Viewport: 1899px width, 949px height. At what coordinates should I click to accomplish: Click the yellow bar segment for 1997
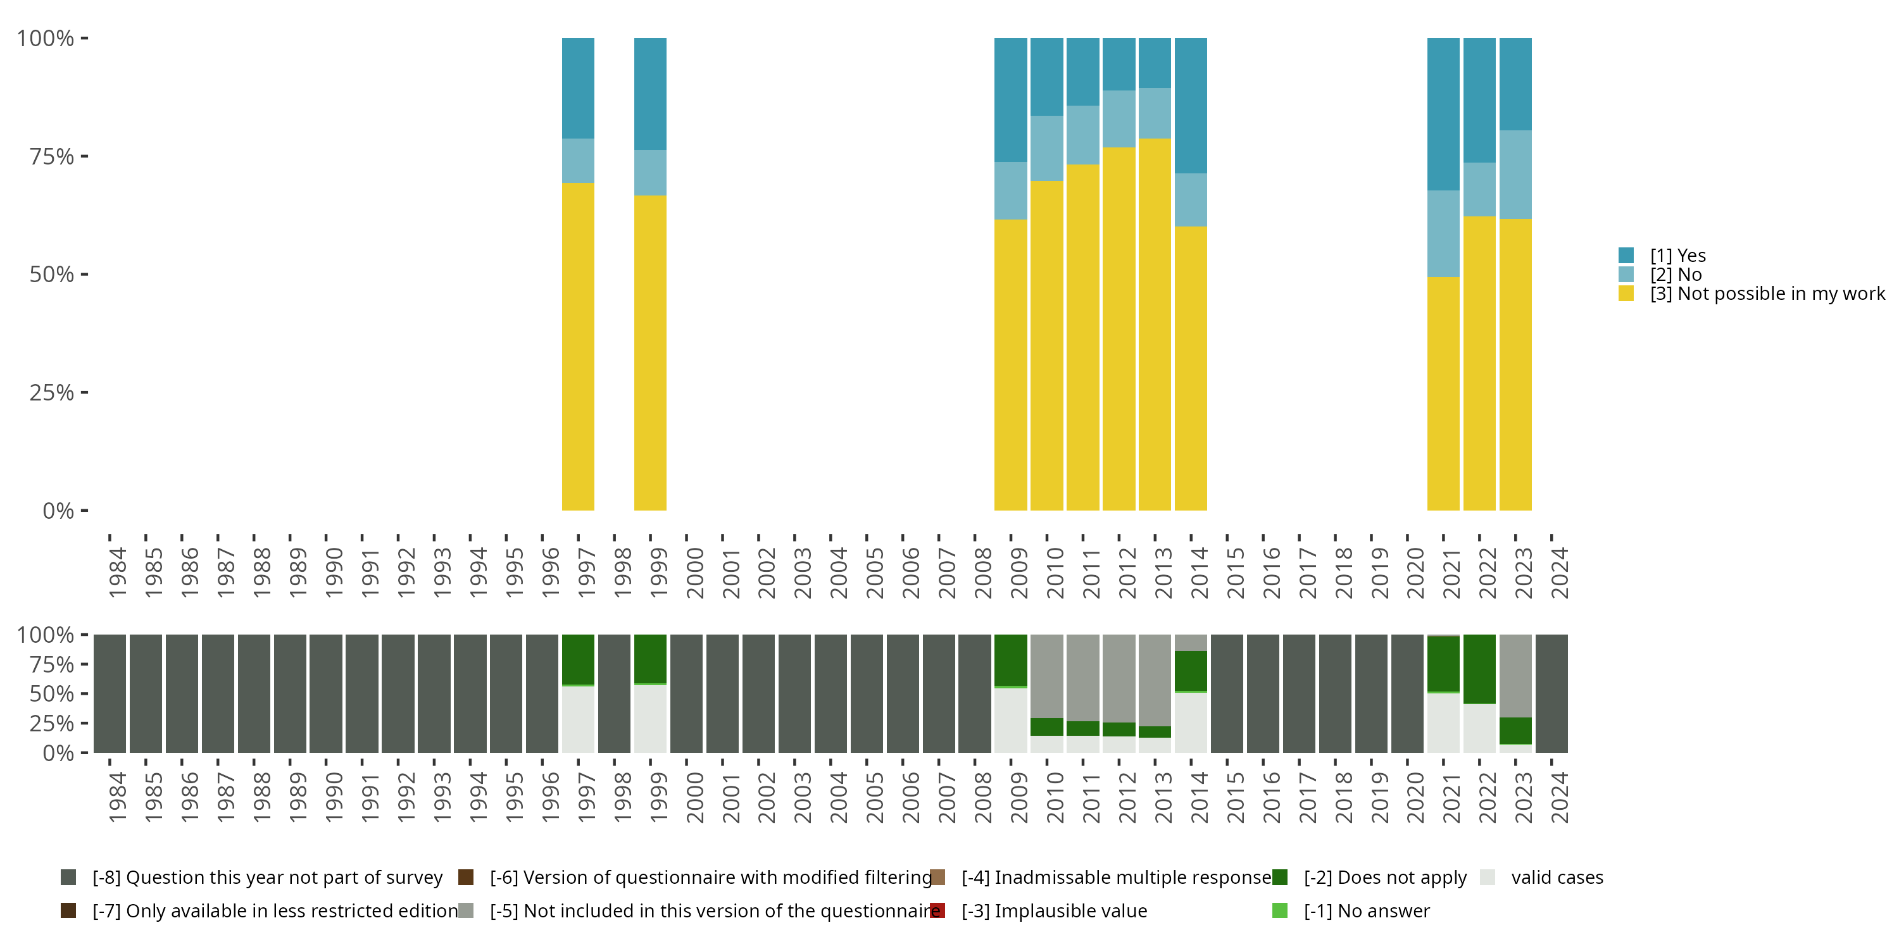(578, 346)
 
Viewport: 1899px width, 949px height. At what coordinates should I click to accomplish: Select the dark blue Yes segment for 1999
(650, 94)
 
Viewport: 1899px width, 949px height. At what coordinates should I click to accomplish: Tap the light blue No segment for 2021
(1443, 233)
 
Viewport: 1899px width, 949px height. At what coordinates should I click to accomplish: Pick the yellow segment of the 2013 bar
(1155, 324)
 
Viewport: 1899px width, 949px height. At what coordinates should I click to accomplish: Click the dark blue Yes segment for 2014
(1191, 106)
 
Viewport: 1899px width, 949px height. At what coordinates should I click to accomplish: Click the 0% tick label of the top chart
(58, 511)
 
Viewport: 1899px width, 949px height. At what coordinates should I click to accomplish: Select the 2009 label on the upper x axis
(1018, 573)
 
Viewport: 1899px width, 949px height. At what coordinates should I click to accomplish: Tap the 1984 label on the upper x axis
(117, 573)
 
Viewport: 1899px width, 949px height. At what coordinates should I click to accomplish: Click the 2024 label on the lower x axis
(1559, 798)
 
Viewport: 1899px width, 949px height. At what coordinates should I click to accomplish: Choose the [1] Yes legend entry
(1677, 256)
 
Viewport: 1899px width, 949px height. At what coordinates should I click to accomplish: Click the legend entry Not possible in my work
(1765, 294)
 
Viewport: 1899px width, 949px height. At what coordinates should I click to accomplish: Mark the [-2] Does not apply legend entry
(1384, 878)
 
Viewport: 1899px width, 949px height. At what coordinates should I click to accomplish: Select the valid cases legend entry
(1555, 878)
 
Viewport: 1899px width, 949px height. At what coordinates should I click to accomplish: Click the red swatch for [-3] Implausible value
(937, 910)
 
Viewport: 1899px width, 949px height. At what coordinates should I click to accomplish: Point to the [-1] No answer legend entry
(1365, 910)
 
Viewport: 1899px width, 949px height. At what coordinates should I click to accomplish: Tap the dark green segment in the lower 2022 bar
(1479, 669)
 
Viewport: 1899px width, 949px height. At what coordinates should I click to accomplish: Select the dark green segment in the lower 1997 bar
(578, 659)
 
